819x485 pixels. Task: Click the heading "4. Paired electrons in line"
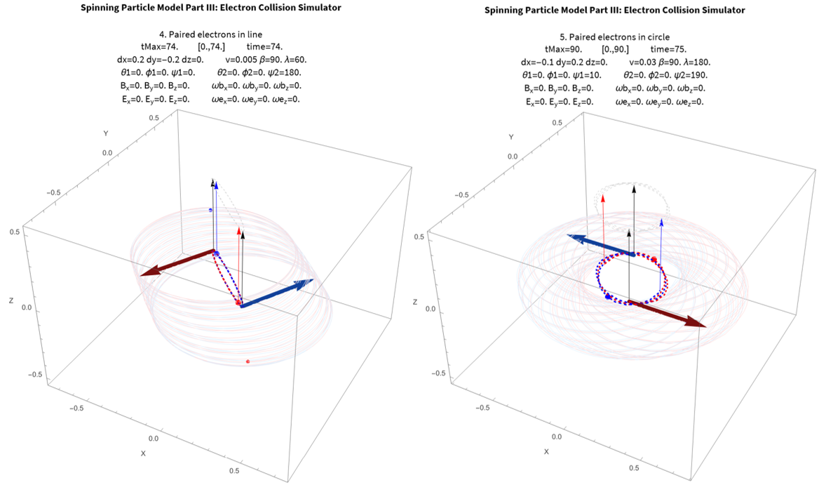pos(211,34)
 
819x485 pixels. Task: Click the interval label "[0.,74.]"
pos(212,46)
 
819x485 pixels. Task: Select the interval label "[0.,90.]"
pos(615,49)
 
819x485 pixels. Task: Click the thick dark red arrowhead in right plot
pos(697,323)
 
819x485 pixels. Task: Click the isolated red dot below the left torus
pos(248,361)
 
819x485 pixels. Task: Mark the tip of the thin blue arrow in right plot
pos(662,220)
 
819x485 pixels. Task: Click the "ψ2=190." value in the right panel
pos(690,75)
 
